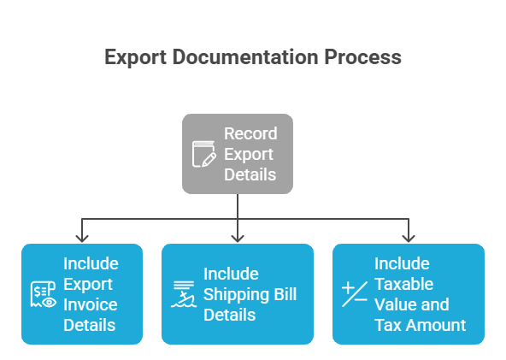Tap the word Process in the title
coord(362,58)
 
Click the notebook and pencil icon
coord(203,155)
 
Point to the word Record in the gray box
coord(250,133)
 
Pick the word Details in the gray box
coord(250,174)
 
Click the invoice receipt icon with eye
coord(43,294)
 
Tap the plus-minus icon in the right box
coord(354,293)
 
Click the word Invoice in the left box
coord(91,304)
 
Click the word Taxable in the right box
coord(403,284)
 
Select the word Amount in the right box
coord(436,325)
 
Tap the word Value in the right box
coord(393,304)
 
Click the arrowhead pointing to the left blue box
coord(81,235)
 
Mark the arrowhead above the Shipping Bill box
coord(237,235)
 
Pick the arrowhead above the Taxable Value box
coord(408,235)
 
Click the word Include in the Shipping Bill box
coord(231,274)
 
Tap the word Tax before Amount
coord(388,325)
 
